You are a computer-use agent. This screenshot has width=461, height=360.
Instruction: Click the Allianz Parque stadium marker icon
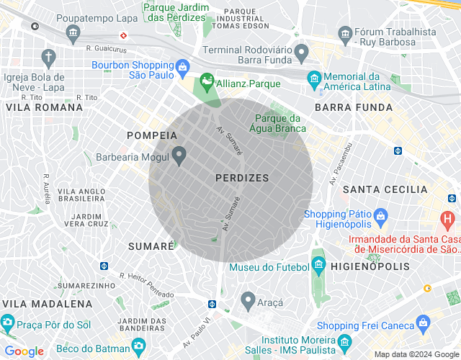point(207,84)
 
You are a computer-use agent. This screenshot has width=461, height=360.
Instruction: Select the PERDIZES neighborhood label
point(242,177)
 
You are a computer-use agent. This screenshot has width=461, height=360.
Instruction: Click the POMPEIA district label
point(151,135)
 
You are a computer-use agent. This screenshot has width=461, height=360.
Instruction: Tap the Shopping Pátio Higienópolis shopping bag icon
point(380,215)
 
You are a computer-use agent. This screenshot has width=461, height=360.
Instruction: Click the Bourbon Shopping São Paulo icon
point(183,69)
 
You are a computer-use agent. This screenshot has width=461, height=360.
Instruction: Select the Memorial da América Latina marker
point(314,78)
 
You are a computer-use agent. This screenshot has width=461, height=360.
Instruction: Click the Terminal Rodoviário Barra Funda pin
point(302,51)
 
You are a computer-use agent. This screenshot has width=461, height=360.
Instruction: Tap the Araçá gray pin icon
point(249,298)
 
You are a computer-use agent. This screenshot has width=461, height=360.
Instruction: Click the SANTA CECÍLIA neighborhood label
point(385,189)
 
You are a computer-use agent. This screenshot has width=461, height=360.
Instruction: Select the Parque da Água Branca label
point(280,123)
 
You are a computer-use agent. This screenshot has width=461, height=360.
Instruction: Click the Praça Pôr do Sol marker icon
point(7,321)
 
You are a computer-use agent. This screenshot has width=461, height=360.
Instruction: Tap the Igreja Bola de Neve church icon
point(48,57)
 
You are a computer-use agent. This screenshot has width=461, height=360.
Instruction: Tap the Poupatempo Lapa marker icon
point(72,33)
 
